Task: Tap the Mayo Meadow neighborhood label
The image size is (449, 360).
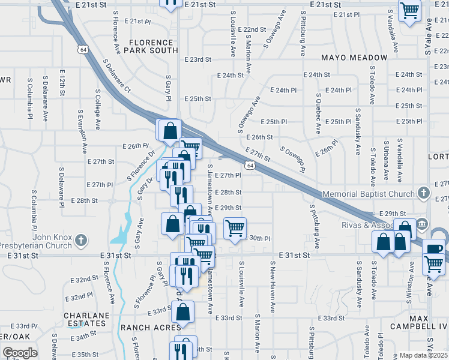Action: click(354, 58)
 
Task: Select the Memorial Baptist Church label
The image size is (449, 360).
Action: click(369, 194)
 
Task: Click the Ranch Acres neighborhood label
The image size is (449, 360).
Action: click(150, 328)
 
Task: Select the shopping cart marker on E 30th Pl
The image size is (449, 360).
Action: click(235, 227)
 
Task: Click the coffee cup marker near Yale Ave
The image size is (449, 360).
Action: click(433, 248)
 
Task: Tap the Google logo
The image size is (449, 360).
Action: click(20, 353)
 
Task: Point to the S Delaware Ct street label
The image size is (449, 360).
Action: click(116, 75)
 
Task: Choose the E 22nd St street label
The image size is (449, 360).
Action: click(252, 29)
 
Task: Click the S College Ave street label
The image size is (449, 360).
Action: click(97, 109)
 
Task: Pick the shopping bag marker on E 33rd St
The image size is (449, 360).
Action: click(182, 312)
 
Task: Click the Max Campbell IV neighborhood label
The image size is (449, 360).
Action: click(427, 322)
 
